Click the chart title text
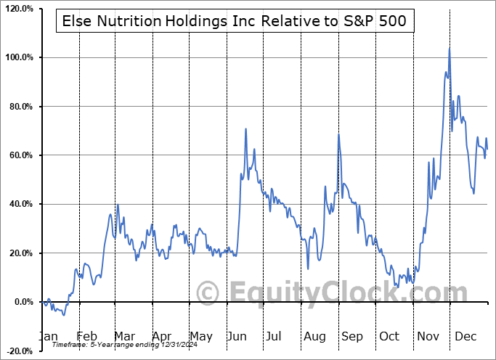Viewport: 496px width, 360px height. click(235, 21)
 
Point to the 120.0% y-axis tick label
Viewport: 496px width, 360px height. click(17, 9)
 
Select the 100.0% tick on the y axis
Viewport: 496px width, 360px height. click(17, 57)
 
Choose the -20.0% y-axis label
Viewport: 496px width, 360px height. click(17, 351)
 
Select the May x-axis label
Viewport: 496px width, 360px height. click(201, 337)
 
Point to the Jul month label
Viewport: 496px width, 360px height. click(274, 337)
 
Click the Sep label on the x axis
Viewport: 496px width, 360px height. click(351, 337)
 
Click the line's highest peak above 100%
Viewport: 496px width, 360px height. click(450, 48)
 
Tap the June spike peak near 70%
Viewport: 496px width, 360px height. click(246, 128)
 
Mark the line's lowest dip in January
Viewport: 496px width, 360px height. click(63, 315)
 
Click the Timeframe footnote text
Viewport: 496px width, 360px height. click(110, 345)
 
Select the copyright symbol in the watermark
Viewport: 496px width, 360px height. click(209, 292)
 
